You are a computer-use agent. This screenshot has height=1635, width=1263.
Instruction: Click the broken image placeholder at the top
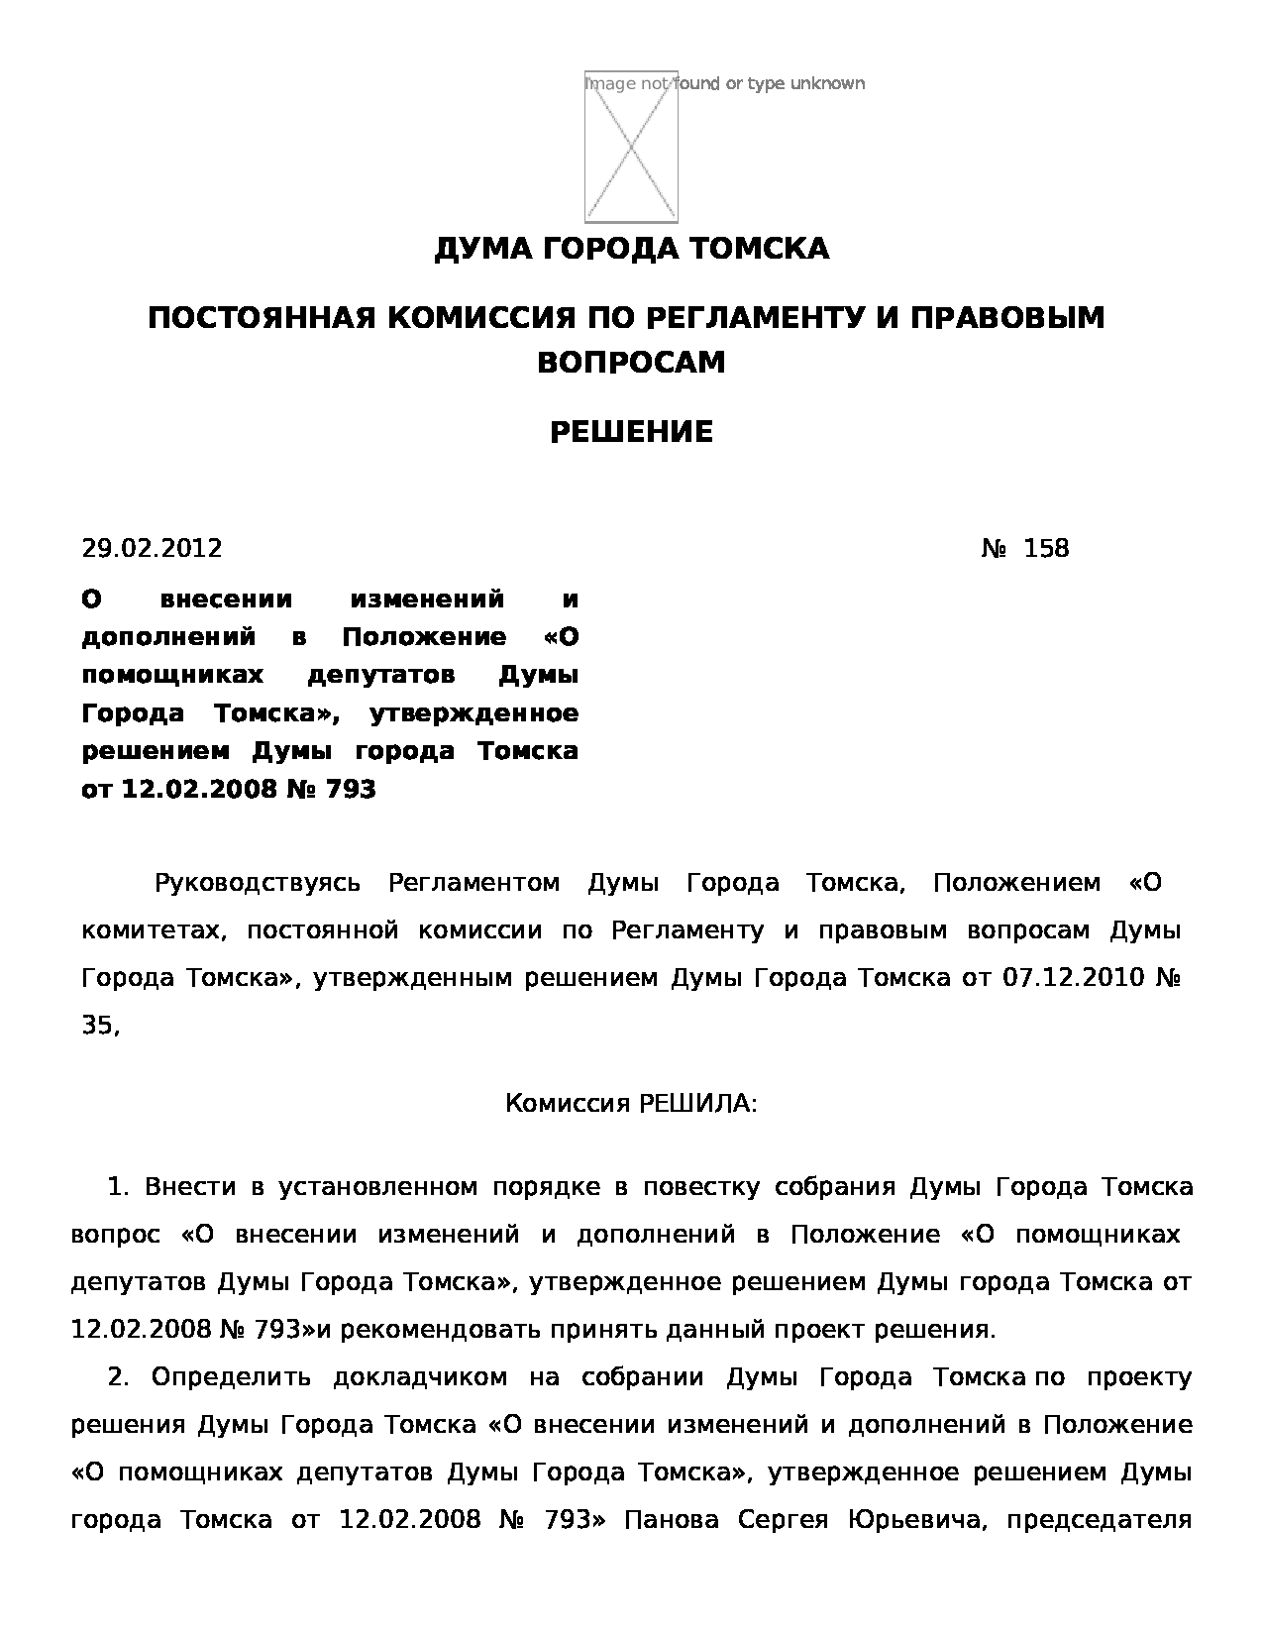point(631,147)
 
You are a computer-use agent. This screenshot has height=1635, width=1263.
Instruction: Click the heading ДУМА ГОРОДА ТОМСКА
point(631,249)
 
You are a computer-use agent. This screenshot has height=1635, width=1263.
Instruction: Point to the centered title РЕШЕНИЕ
point(631,433)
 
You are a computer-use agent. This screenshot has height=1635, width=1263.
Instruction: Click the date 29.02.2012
point(152,548)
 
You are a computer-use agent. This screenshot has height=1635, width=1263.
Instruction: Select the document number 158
point(1046,548)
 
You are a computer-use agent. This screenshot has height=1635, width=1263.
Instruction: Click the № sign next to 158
point(994,548)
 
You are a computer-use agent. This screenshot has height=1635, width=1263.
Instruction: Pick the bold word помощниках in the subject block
point(172,676)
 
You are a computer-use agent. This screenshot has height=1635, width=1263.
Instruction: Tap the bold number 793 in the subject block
point(350,790)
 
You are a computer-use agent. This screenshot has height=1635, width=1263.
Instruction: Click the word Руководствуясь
point(258,883)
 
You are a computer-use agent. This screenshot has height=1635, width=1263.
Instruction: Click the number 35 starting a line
point(97,1026)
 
